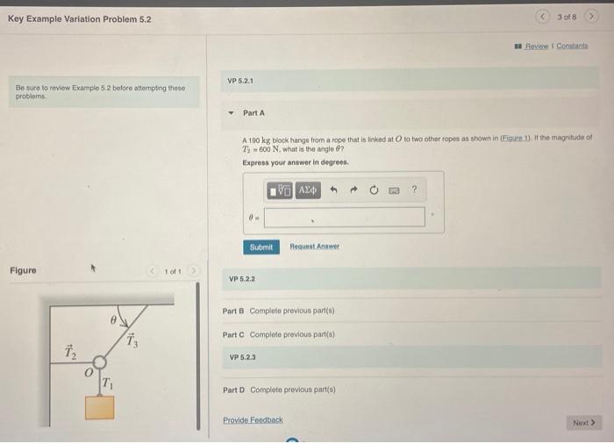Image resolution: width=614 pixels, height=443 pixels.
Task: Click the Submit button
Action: coord(261,247)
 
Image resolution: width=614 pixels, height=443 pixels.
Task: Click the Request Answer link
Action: coord(314,247)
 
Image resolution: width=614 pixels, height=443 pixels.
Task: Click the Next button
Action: coord(583,423)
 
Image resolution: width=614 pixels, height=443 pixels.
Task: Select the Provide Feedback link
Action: coord(253,420)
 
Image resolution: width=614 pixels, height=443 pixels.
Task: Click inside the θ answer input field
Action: coord(344,217)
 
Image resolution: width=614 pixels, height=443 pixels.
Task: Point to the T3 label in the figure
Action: coord(132,341)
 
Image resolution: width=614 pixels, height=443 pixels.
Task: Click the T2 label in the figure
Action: coord(70,352)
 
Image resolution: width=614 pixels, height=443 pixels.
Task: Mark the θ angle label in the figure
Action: coord(113,322)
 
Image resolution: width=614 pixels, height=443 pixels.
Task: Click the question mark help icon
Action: coord(414,190)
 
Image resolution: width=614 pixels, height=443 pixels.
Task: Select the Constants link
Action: coord(571,46)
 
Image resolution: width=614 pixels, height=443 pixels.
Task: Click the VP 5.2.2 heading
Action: coord(241,279)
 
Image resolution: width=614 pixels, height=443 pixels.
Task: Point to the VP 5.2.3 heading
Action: coord(242,358)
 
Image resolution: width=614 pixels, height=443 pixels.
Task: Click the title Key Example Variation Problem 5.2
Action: coord(79,18)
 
